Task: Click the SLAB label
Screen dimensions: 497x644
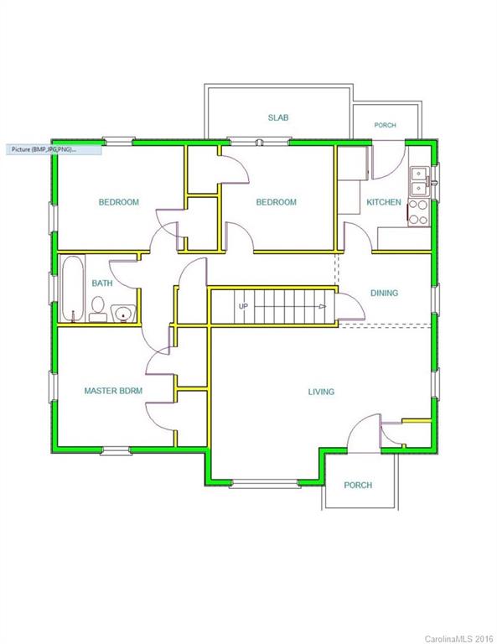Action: point(278,117)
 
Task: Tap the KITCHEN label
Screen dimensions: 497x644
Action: point(384,202)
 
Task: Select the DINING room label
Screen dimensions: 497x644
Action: point(384,293)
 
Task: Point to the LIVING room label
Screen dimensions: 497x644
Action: point(321,392)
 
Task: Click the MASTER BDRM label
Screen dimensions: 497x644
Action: point(113,391)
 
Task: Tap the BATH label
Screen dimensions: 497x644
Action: point(102,283)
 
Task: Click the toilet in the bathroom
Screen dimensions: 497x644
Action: point(98,309)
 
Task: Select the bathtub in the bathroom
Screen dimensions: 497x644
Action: point(73,288)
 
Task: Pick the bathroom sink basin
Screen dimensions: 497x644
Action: point(123,314)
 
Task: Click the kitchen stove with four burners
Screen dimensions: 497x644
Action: point(418,213)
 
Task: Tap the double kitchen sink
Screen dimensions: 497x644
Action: point(419,181)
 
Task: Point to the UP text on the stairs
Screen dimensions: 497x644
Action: point(243,306)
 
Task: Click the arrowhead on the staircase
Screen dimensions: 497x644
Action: point(323,306)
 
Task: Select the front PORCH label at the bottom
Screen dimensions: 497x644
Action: point(358,485)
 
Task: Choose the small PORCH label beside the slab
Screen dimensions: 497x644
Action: point(385,125)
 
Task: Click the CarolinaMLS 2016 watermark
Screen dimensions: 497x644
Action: point(458,639)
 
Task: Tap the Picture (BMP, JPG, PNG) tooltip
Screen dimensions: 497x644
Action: point(54,149)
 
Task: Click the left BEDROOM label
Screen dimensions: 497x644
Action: point(119,202)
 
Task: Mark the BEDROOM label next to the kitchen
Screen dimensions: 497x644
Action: point(277,202)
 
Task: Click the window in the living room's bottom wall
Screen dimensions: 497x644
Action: point(264,483)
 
